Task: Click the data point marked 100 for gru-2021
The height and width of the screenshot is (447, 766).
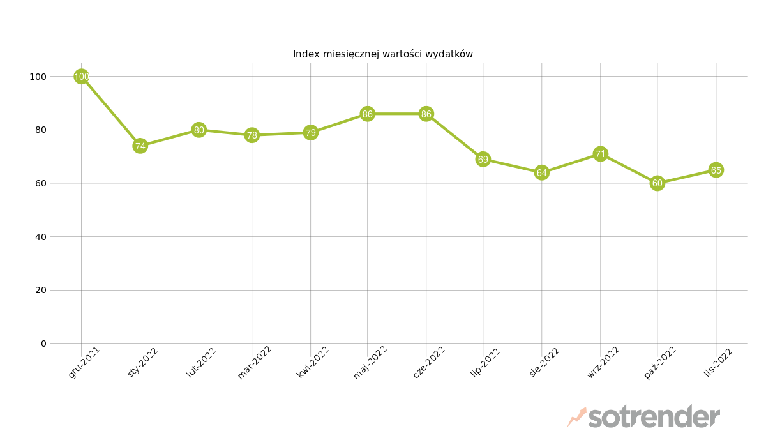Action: (81, 77)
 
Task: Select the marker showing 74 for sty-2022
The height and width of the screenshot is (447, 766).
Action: (140, 146)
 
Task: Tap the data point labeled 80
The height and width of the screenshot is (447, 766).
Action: (199, 130)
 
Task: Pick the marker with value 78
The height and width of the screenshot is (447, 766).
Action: (252, 135)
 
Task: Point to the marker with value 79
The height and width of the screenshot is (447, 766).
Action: (310, 133)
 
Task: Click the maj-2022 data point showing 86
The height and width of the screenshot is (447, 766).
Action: (367, 114)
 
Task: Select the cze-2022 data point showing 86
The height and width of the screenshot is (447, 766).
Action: (426, 114)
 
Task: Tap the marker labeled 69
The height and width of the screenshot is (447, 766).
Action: (483, 160)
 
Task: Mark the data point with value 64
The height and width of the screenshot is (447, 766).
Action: (541, 172)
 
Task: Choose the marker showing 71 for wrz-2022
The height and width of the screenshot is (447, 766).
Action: (600, 154)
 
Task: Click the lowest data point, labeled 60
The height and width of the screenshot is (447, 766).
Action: (657, 183)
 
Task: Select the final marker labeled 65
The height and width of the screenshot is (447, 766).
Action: (716, 170)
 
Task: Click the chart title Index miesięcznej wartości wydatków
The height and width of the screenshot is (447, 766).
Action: (383, 54)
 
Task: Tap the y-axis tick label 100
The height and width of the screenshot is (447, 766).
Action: (38, 77)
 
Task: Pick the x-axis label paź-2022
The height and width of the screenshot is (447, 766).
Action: (660, 363)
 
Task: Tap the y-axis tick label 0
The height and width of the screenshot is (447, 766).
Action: (43, 344)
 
